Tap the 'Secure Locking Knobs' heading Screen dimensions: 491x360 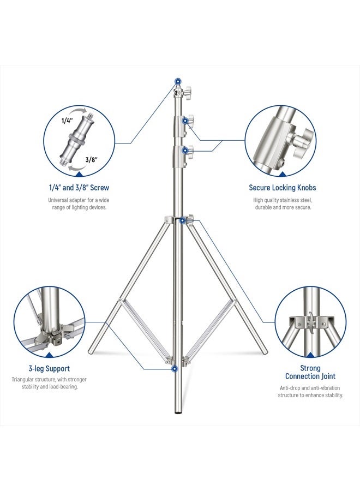click(282, 188)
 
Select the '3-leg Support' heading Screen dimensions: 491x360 click(49, 368)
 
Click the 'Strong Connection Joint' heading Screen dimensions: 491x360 click(310, 372)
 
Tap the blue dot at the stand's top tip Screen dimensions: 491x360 click(177, 80)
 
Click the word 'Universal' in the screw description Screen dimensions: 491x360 click(60, 200)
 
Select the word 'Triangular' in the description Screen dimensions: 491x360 click(26, 379)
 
